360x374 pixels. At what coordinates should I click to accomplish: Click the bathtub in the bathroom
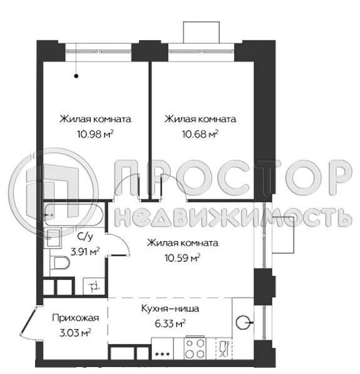pos(73,216)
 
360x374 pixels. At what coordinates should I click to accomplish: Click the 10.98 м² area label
pos(95,133)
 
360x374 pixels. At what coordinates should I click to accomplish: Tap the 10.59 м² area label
pos(182,257)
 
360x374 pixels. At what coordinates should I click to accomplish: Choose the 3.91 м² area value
pos(85,252)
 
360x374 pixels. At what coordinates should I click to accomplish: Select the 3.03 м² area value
pos(75,332)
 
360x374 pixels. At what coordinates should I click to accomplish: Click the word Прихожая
pos(76,318)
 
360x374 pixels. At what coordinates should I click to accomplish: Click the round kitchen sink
pos(244,323)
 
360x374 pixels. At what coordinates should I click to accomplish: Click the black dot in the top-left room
pos(76,76)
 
